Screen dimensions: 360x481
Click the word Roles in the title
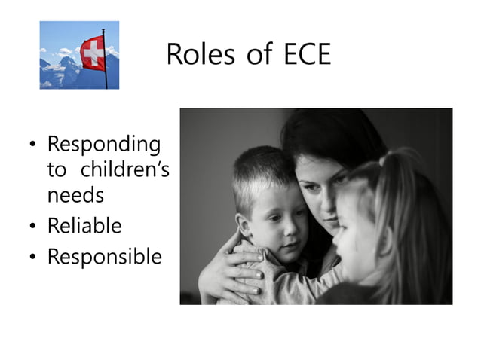coord(194,55)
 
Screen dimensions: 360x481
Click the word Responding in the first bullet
coord(103,145)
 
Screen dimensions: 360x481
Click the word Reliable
coord(84,225)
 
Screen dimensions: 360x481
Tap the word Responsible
coord(104,257)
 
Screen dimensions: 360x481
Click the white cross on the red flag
coord(93,53)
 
